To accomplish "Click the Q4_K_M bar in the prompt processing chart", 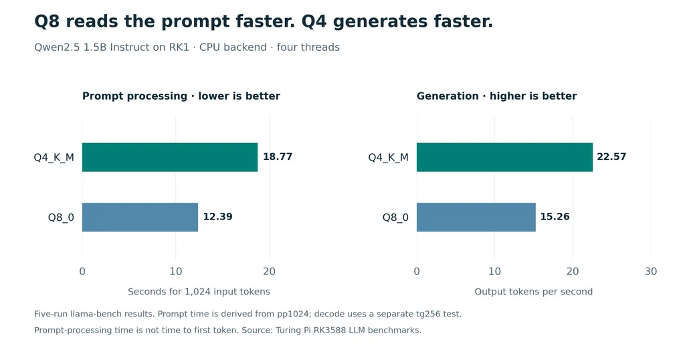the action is pyautogui.click(x=170, y=157).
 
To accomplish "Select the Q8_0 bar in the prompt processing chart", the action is pyautogui.click(x=140, y=217).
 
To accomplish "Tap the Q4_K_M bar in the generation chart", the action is pyautogui.click(x=504, y=157).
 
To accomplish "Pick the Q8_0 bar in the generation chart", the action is pyautogui.click(x=476, y=217).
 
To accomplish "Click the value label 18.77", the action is pyautogui.click(x=278, y=157).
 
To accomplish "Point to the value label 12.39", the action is pyautogui.click(x=217, y=217).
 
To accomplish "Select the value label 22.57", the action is pyautogui.click(x=611, y=157).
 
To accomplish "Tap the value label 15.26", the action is pyautogui.click(x=555, y=217).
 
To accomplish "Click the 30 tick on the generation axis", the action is pyautogui.click(x=650, y=271).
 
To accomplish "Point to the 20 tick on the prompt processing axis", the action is pyautogui.click(x=269, y=271).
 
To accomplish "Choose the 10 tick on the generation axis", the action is pyautogui.click(x=494, y=271).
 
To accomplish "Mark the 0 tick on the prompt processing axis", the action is pyautogui.click(x=82, y=271).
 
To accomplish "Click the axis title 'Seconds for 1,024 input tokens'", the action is pyautogui.click(x=199, y=292).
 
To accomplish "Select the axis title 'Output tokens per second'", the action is pyautogui.click(x=533, y=292).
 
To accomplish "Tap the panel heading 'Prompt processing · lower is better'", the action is pyautogui.click(x=181, y=96).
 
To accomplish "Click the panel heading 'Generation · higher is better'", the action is pyautogui.click(x=497, y=96).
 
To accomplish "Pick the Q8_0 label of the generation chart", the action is pyautogui.click(x=395, y=217).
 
